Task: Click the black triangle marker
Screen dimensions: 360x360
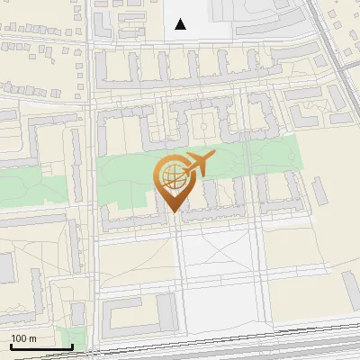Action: pyautogui.click(x=181, y=24)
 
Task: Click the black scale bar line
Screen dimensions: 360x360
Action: pyautogui.click(x=41, y=346)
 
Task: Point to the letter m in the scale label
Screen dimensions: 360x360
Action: pyautogui.click(x=32, y=338)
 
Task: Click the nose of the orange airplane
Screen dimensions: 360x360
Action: pyautogui.click(x=214, y=156)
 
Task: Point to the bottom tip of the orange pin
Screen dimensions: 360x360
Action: pyautogui.click(x=172, y=211)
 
